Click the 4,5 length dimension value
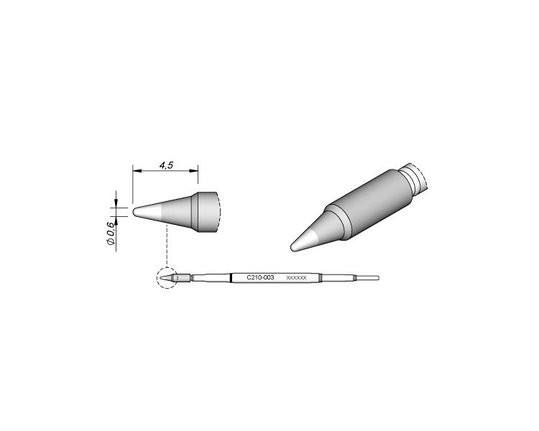click(167, 165)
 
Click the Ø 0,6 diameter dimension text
click(110, 233)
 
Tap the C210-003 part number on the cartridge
click(261, 277)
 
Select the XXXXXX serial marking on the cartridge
click(296, 278)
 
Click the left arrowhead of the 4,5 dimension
click(137, 170)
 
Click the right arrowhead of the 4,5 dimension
click(194, 170)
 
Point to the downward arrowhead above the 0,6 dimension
click(116, 203)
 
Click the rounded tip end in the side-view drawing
click(135, 212)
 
